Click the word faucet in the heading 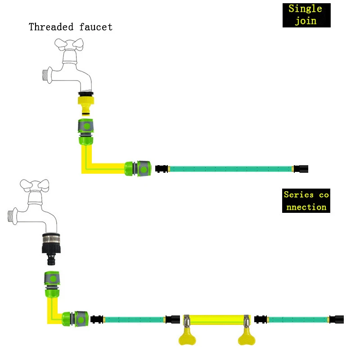(96, 27)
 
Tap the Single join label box (306, 15)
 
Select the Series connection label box (306, 201)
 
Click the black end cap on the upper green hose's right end (301, 169)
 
